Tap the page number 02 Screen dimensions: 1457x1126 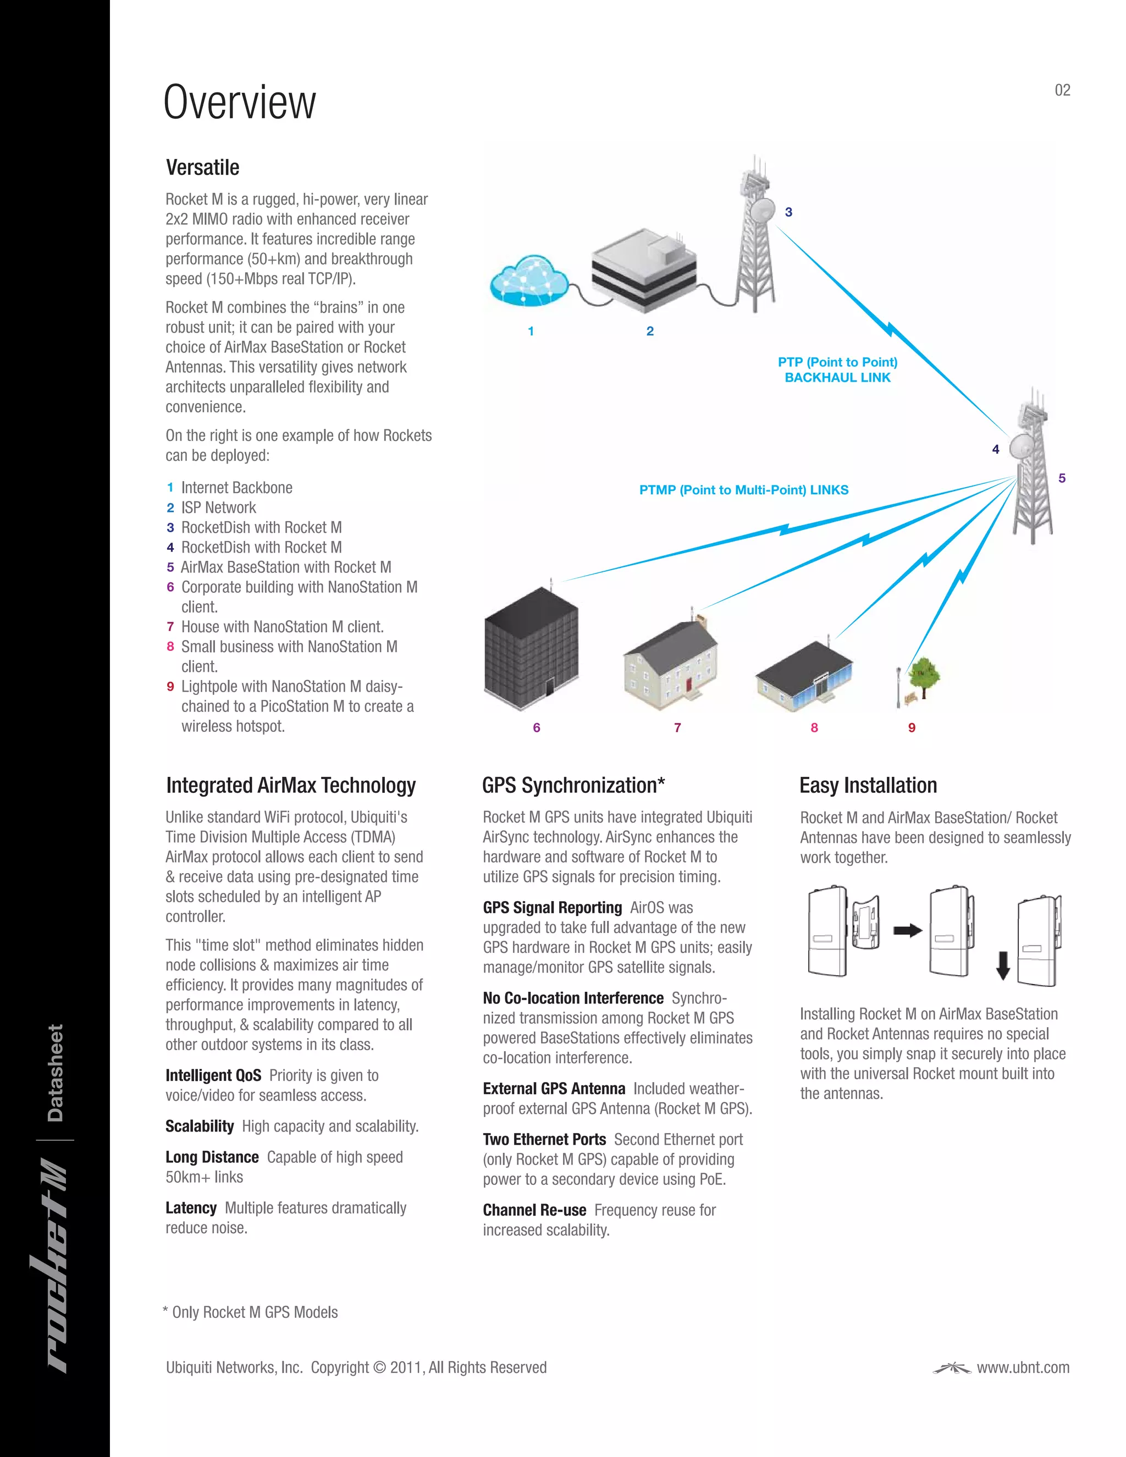coord(1062,90)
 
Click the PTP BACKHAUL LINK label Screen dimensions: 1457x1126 coord(837,369)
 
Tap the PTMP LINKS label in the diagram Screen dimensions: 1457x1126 coord(744,490)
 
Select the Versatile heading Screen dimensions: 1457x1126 coord(202,168)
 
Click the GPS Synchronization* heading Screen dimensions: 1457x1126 coord(573,785)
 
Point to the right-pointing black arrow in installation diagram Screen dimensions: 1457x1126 coord(907,930)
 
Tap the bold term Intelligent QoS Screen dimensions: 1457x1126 coord(213,1075)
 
